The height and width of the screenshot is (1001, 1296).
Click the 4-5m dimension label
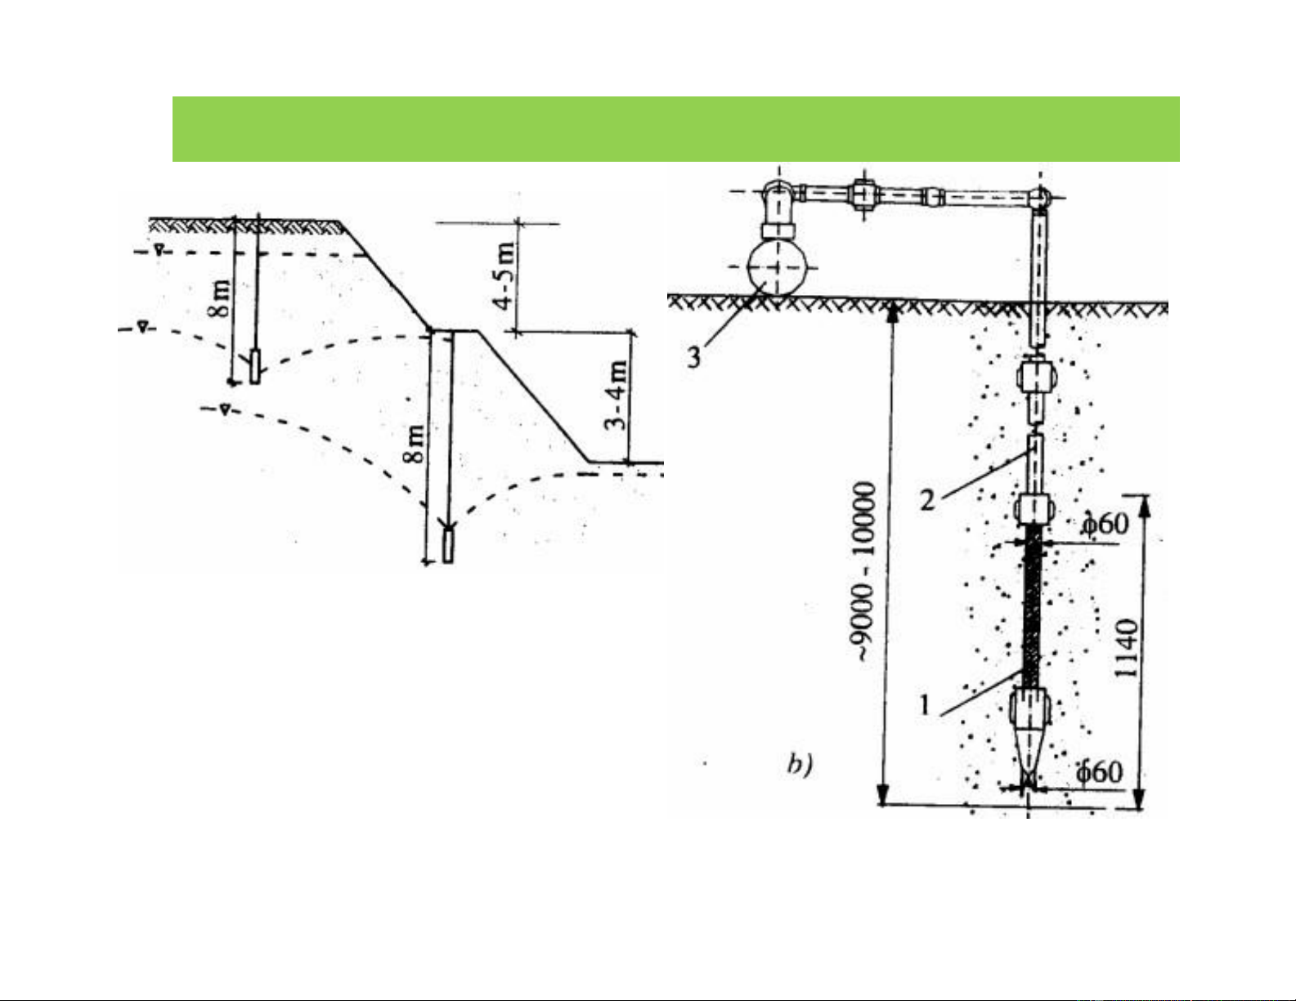507,275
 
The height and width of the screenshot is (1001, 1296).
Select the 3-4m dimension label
620,395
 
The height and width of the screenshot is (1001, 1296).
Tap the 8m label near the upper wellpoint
222,300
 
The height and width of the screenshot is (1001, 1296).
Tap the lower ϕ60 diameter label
1099,771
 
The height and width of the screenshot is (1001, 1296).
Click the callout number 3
694,357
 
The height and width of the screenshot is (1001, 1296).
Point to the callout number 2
927,498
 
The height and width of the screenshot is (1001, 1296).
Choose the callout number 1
925,704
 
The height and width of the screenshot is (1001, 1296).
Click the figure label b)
799,766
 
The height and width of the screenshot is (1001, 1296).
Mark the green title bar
675,129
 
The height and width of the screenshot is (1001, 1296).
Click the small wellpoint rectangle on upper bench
256,366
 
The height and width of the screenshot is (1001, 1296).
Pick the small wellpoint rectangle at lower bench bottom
447,545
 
